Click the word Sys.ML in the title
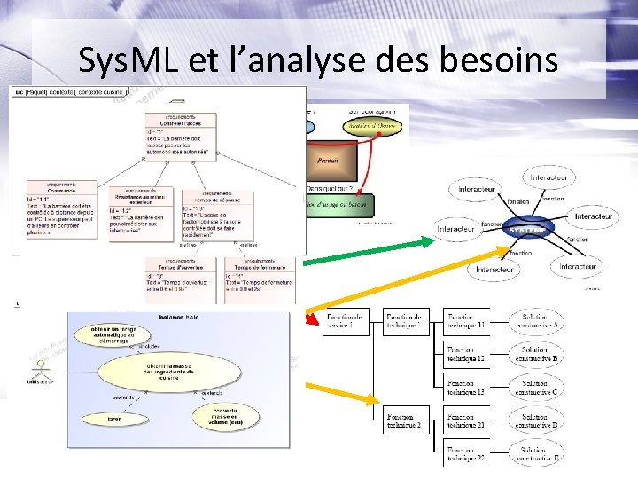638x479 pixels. [127, 60]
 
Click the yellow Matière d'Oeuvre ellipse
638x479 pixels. [373, 127]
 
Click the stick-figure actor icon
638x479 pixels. [40, 371]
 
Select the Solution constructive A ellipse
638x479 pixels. [540, 322]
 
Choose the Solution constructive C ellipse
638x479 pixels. [540, 386]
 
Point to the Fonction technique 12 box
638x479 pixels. [466, 354]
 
